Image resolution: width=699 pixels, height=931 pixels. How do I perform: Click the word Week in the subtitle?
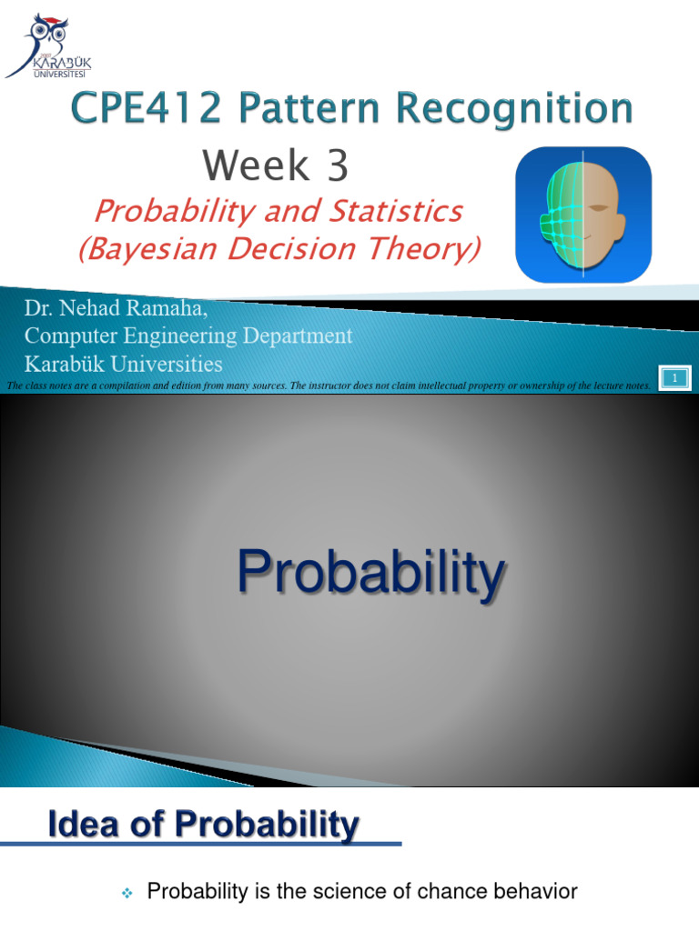click(256, 166)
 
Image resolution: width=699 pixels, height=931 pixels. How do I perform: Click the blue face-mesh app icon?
click(583, 215)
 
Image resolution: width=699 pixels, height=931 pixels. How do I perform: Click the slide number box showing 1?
click(674, 376)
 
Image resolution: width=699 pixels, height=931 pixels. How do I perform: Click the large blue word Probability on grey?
click(370, 575)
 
